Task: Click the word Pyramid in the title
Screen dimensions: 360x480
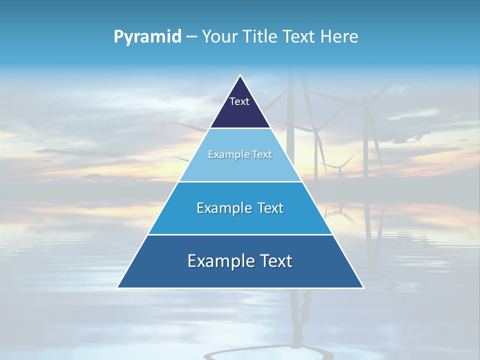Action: point(147,37)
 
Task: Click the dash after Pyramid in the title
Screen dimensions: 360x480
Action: point(191,37)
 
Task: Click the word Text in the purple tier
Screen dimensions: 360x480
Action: point(239,101)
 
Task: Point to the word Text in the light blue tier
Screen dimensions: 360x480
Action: point(261,154)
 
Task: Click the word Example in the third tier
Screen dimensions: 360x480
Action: point(223,208)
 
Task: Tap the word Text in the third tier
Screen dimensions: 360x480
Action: point(269,208)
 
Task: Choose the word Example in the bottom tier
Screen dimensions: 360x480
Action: point(218,261)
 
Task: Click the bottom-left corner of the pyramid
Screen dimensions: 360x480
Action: point(118,287)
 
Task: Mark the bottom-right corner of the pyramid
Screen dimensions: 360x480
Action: point(363,287)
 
